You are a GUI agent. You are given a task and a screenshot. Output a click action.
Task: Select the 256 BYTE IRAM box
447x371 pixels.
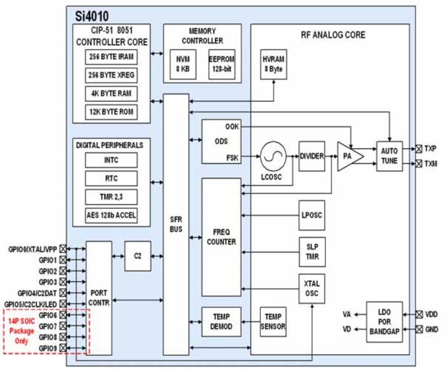(111, 57)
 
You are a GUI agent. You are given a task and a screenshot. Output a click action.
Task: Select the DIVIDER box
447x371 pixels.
(312, 156)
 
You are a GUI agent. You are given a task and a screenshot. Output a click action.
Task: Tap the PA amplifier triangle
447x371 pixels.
(349, 156)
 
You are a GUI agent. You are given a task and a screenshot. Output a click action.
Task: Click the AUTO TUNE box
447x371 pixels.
(389, 156)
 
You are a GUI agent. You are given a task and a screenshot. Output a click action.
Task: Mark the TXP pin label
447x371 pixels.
(431, 148)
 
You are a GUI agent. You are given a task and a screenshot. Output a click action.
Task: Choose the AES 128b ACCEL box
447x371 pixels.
(111, 215)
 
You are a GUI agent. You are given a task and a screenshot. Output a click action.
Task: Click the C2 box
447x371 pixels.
(137, 256)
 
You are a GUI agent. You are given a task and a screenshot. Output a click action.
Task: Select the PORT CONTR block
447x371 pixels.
(98, 298)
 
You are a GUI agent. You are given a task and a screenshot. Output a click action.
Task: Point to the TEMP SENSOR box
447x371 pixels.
(273, 322)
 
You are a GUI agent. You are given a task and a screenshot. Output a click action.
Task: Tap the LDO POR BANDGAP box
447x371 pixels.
(384, 322)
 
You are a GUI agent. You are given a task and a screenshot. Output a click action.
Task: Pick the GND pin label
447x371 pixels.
(432, 329)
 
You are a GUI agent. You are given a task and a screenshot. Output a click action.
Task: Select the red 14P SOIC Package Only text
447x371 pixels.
(21, 331)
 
